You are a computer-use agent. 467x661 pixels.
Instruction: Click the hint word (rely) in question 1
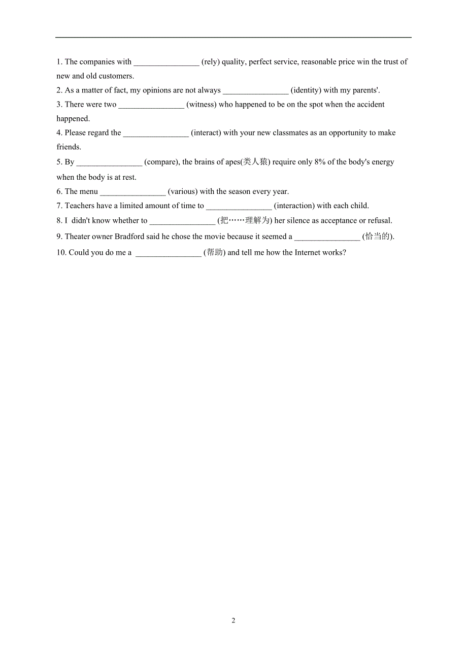[x=211, y=62]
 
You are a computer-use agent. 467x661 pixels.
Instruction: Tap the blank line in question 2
[x=255, y=91]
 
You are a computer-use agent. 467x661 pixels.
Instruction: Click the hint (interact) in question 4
[x=206, y=133]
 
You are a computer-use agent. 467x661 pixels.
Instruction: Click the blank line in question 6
[x=132, y=193]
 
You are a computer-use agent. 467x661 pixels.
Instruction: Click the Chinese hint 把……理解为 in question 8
[x=245, y=220]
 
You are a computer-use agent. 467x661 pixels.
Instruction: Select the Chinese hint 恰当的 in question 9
[x=378, y=236]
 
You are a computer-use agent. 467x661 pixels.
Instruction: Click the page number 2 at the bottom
[x=233, y=621]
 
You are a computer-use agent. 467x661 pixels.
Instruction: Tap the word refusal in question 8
[x=379, y=221]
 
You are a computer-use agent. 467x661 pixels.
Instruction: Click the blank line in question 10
[x=169, y=254]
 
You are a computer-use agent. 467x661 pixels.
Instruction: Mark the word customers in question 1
[x=117, y=76]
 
